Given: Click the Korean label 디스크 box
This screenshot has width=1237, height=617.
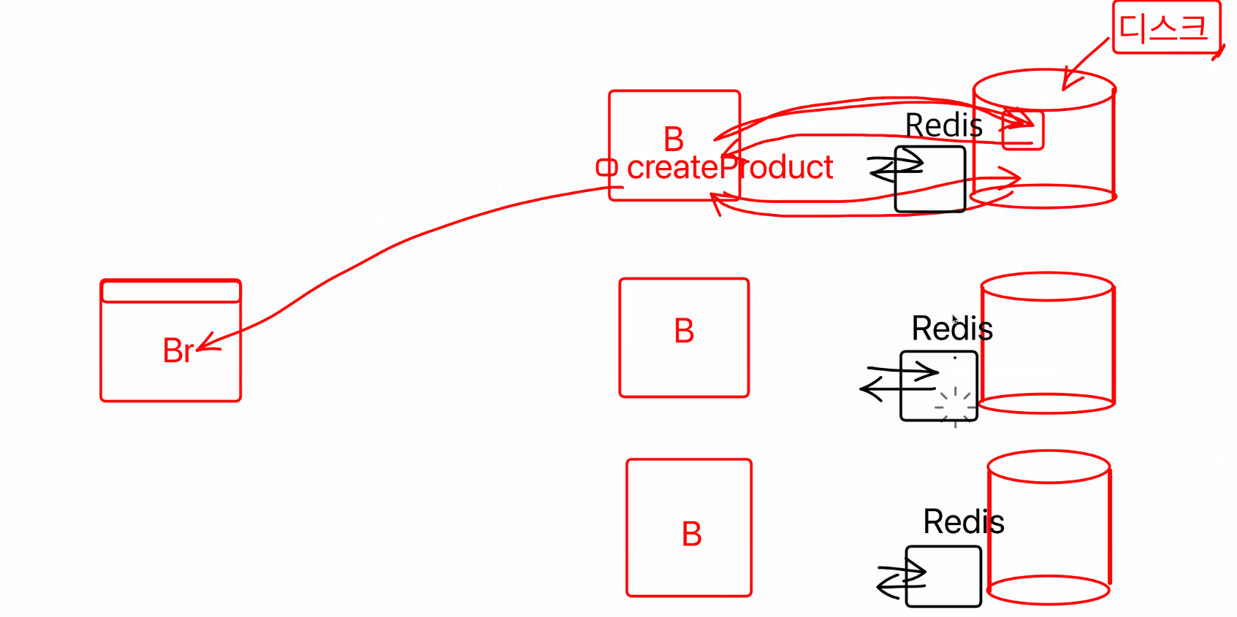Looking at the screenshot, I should click(x=1165, y=28).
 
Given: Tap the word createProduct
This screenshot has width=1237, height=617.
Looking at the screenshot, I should click(x=729, y=168).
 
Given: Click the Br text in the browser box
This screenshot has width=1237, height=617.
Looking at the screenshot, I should click(x=178, y=350).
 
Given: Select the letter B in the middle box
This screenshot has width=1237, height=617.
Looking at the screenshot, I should click(x=684, y=332).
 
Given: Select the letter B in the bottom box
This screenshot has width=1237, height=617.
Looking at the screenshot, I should click(x=691, y=534).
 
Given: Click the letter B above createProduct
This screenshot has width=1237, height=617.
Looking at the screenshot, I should click(x=674, y=139).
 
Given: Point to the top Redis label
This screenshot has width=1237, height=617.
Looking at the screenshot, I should click(x=943, y=126).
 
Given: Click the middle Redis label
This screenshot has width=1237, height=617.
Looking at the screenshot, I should click(x=951, y=329).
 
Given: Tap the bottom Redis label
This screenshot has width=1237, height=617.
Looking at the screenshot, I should click(x=963, y=522).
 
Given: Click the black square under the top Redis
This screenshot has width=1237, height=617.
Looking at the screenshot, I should click(x=930, y=180).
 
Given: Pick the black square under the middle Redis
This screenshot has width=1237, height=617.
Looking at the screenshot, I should click(x=938, y=386).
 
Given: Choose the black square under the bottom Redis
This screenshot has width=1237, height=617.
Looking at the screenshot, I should click(x=943, y=576).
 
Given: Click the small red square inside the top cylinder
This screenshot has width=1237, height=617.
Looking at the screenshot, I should click(x=1022, y=131).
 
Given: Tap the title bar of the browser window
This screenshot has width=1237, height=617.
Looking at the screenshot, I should click(x=170, y=291).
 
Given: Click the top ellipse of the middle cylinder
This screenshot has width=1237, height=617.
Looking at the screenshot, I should click(x=1046, y=286).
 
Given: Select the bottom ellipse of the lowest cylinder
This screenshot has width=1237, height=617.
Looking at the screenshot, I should click(x=1048, y=590).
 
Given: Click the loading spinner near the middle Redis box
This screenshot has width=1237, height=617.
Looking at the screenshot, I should click(x=955, y=407).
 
